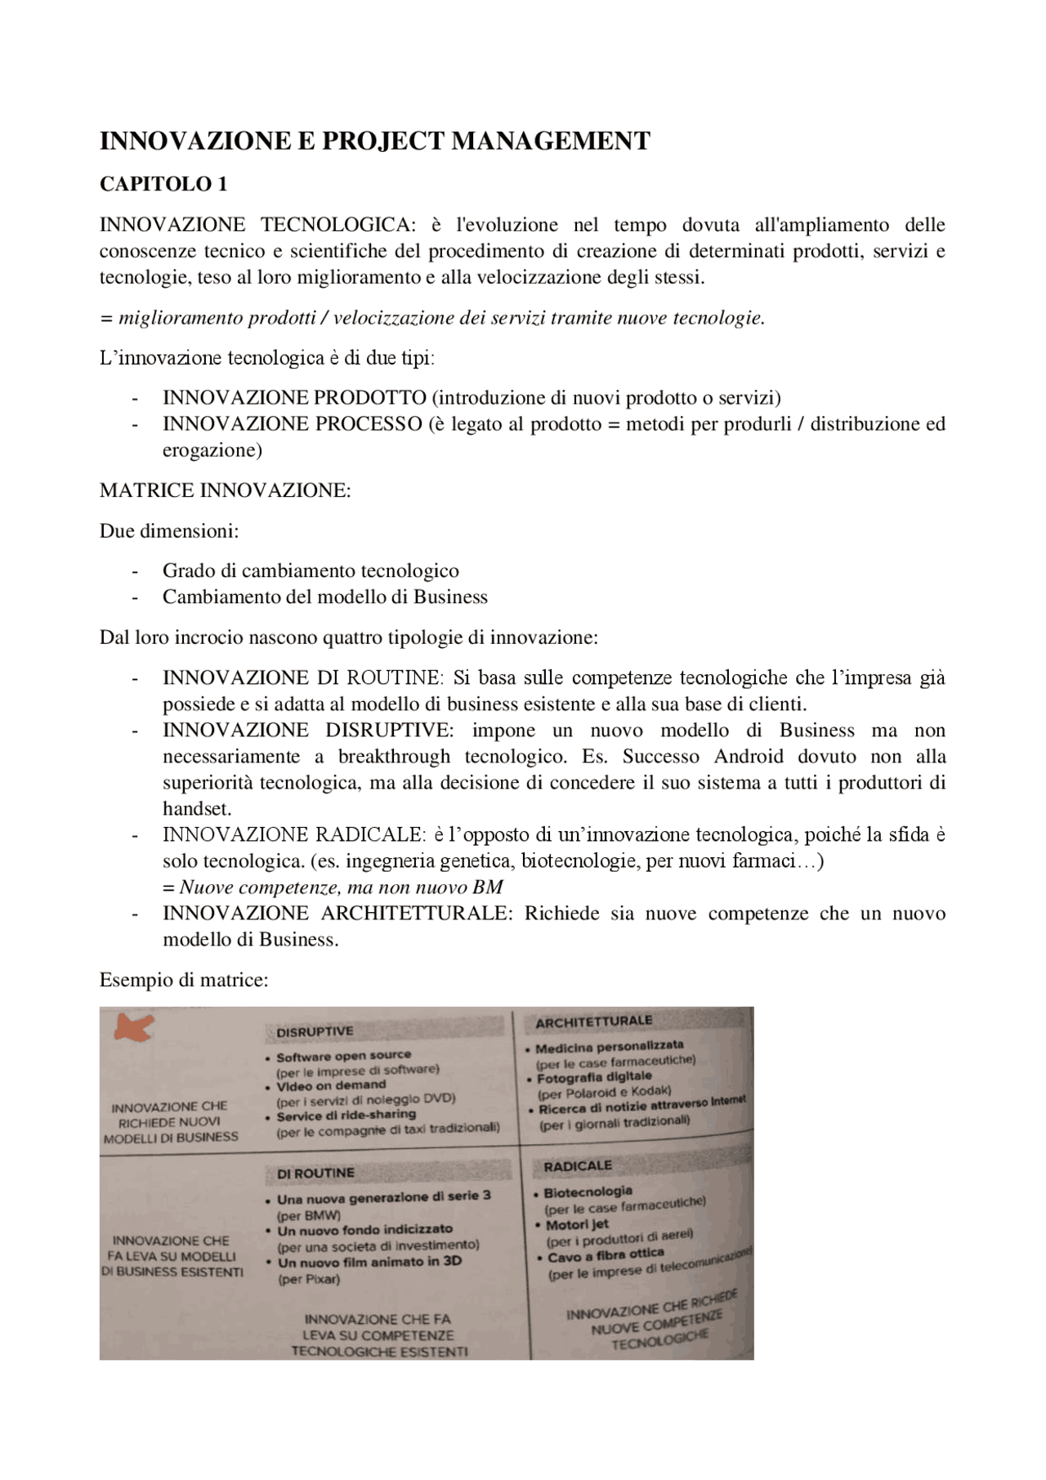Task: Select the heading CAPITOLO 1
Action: tap(163, 185)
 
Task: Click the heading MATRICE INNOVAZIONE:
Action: tap(225, 490)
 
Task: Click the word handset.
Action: tap(197, 809)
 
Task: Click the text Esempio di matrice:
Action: tap(184, 980)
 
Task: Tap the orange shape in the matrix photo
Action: tap(132, 1027)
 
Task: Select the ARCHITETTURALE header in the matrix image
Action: tap(593, 1022)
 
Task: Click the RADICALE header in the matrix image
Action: tap(577, 1166)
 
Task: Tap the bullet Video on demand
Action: tap(330, 1085)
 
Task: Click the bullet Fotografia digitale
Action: tap(594, 1077)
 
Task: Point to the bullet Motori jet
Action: tap(577, 1224)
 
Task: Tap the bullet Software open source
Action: tap(343, 1056)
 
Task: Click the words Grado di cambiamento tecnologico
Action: tap(311, 571)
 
